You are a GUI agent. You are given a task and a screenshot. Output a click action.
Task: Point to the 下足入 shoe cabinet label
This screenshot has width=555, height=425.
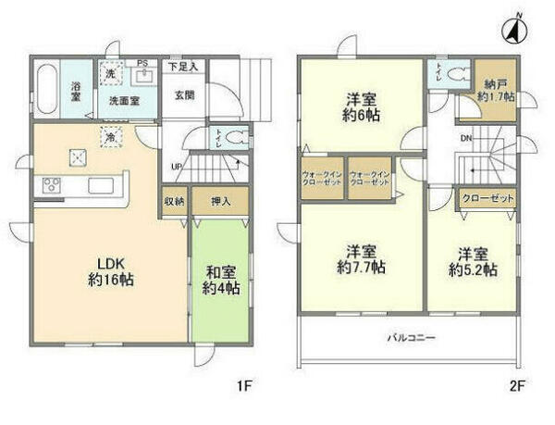click(183, 66)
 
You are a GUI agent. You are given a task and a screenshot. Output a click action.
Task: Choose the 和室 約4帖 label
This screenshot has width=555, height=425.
click(221, 279)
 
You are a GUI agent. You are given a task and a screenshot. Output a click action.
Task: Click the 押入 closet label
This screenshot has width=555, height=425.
click(221, 200)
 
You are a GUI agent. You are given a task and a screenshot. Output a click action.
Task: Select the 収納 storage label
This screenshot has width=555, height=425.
click(174, 200)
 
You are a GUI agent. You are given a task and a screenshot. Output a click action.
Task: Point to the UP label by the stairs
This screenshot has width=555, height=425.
click(175, 168)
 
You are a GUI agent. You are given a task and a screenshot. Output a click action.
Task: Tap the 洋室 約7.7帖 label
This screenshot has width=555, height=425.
click(361, 259)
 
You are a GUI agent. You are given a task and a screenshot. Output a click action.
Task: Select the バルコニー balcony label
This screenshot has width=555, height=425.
click(411, 337)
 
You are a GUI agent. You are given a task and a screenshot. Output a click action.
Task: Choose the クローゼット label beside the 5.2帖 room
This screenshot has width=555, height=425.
click(487, 199)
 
